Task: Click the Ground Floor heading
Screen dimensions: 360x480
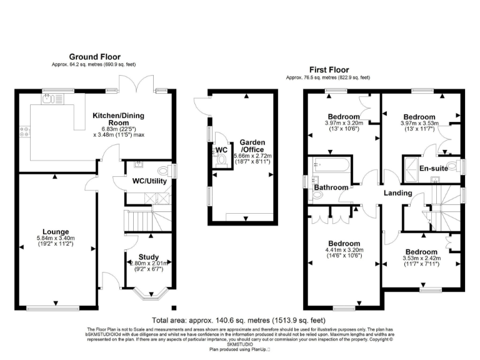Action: click(x=94, y=57)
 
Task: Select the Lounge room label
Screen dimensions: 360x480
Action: click(x=56, y=231)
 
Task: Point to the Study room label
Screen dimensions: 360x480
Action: click(x=149, y=257)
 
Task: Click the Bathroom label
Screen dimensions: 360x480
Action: click(x=331, y=187)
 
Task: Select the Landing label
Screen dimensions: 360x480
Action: click(x=397, y=193)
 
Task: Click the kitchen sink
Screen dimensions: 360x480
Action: click(x=49, y=98)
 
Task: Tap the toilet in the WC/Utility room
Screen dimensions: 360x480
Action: click(x=164, y=169)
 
